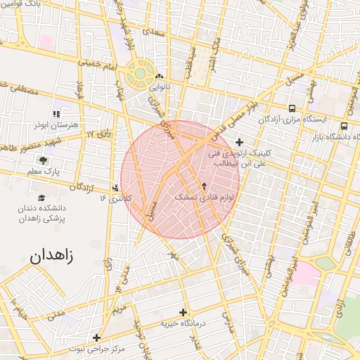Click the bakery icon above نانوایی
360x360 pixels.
pyautogui.click(x=160, y=77)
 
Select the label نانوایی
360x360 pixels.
pyautogui.click(x=159, y=89)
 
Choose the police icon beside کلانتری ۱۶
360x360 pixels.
pyautogui.click(x=116, y=188)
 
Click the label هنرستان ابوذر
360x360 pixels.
pyautogui.click(x=54, y=124)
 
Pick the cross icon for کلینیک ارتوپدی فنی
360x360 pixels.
pyautogui.click(x=240, y=142)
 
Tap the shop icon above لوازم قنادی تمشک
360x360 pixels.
pyautogui.click(x=205, y=186)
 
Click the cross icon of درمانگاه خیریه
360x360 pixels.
pyautogui.click(x=184, y=312)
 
